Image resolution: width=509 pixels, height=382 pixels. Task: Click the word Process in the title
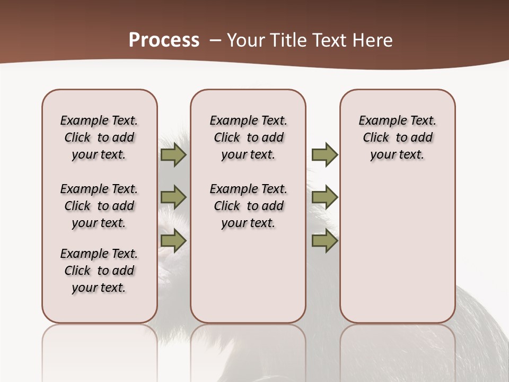164,40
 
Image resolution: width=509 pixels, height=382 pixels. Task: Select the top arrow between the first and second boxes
173,155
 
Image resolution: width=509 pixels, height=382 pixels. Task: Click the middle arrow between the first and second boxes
173,197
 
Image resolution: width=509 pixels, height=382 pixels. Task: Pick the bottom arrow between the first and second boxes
173,240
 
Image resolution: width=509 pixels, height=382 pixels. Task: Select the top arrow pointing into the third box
324,155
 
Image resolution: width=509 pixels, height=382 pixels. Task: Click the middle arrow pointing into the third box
324,197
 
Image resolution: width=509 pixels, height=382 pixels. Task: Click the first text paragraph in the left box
99,137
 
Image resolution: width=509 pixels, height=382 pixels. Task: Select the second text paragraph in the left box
99,206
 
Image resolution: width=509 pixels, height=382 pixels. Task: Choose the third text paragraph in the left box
99,271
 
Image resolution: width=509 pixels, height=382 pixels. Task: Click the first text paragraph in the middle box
248,137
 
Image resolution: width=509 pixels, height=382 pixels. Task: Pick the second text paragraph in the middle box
248,206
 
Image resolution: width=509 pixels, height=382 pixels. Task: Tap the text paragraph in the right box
398,137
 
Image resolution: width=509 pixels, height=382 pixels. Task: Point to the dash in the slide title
215,40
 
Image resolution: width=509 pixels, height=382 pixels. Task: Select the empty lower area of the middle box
248,276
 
